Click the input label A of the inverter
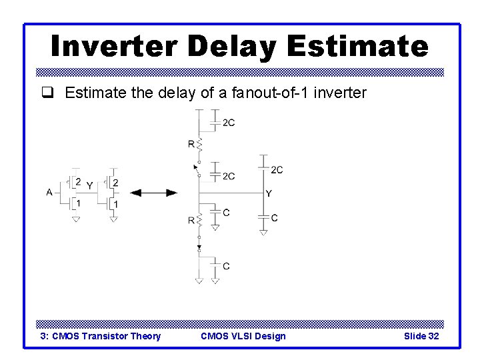[x=49, y=192]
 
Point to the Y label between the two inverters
[x=89, y=187]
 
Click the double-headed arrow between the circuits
[x=153, y=193]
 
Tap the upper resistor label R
[x=191, y=143]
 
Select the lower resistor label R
[x=191, y=219]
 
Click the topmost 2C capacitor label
[x=229, y=123]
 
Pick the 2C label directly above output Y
[x=277, y=170]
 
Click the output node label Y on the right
[x=269, y=193]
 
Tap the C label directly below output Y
[x=275, y=218]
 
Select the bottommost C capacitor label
[x=227, y=266]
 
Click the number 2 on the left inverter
[x=79, y=182]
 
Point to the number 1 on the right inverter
[x=116, y=203]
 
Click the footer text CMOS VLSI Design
[x=243, y=336]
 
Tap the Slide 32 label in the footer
[x=421, y=336]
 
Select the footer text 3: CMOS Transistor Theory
[x=101, y=336]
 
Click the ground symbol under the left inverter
[x=76, y=219]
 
